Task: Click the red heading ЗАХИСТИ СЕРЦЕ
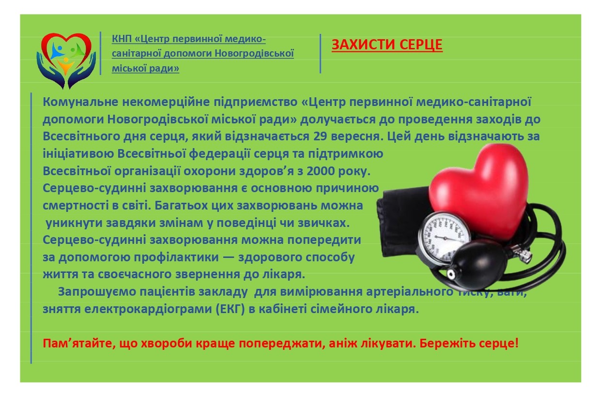tap(386, 45)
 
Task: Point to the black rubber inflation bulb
tap(477, 265)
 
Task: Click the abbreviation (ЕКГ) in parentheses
tap(230, 308)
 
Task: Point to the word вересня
tap(355, 136)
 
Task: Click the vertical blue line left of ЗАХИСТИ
tap(320, 53)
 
